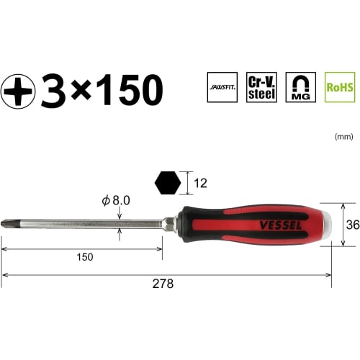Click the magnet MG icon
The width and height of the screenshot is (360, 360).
[x=300, y=87]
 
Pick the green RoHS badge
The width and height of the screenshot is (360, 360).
[x=339, y=87]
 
